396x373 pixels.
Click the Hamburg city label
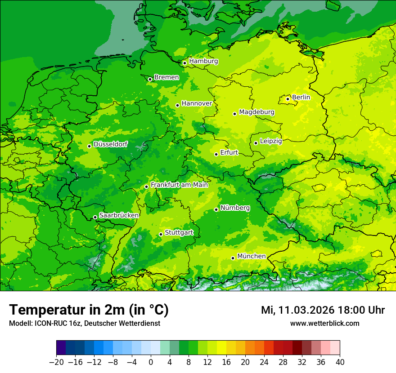[203, 61]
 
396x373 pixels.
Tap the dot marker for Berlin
[288, 99]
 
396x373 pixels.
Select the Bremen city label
[166, 77]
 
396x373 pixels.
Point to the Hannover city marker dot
[177, 105]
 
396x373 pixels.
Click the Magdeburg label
[256, 112]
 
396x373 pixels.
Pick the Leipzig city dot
[256, 143]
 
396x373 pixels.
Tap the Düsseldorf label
[110, 144]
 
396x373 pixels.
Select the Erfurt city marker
[216, 154]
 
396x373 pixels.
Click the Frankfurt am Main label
[179, 185]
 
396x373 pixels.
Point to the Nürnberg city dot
[216, 209]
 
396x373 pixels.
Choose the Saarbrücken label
[119, 215]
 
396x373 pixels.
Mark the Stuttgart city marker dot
[161, 234]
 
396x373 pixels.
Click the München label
[251, 256]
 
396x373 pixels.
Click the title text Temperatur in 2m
[89, 310]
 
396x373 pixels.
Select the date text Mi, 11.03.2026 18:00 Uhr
[323, 311]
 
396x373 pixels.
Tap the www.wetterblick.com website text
[324, 324]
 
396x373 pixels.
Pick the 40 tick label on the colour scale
[340, 362]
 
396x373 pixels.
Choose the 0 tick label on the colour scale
[151, 362]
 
